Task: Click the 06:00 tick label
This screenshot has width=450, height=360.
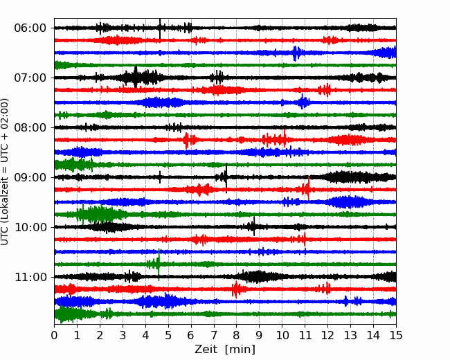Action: coord(30,28)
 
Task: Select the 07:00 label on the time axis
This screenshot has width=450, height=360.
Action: coord(30,78)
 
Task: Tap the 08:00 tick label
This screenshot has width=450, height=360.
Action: coord(30,127)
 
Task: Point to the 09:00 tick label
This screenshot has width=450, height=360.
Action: coord(30,177)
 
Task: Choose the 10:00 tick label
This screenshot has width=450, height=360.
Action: coord(30,227)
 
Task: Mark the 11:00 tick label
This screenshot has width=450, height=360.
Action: coord(30,277)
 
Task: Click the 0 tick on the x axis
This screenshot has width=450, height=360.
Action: coord(54,335)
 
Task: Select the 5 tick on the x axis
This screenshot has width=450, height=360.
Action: coord(168,335)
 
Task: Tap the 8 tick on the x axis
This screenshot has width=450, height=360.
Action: coord(237,335)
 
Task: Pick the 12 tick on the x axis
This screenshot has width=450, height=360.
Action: coord(327,335)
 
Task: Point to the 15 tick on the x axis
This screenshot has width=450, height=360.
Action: coord(396,335)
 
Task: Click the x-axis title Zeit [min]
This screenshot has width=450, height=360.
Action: coord(225,350)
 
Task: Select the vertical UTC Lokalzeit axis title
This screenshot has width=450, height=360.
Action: coord(4,172)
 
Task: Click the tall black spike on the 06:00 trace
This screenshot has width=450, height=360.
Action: coord(160,28)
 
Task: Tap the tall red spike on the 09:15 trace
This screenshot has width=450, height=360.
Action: coord(309,188)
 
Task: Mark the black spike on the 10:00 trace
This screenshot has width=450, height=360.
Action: coord(254,226)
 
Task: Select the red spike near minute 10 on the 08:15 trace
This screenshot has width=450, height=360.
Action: coord(285,138)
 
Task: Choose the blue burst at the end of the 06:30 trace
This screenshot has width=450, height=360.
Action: coord(384,53)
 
